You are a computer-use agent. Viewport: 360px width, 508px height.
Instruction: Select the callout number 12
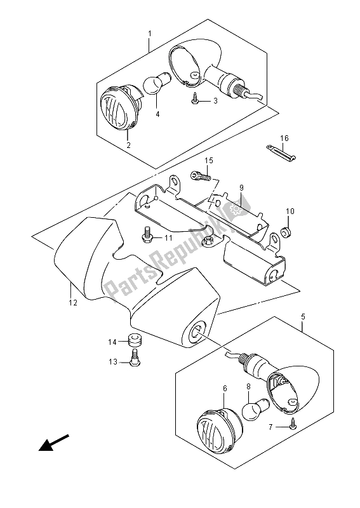click(x=74, y=304)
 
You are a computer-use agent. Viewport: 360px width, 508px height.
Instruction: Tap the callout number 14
click(x=112, y=342)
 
